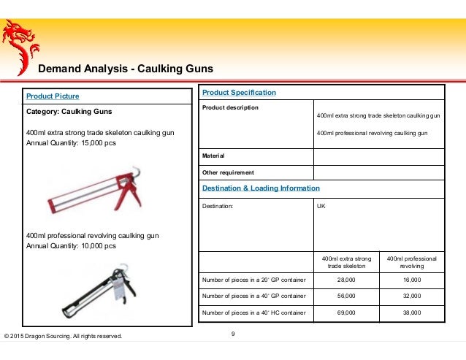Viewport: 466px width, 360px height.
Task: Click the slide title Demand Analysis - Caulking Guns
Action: [125, 69]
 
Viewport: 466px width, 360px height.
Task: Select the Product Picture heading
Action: [53, 96]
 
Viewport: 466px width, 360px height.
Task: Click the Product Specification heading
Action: [239, 93]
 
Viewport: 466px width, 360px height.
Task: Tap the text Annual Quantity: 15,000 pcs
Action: [71, 143]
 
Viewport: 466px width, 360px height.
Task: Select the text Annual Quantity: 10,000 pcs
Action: [71, 246]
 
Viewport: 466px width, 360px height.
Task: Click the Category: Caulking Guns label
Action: [69, 113]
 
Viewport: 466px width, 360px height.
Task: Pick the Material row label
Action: [213, 156]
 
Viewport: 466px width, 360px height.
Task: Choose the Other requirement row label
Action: [228, 172]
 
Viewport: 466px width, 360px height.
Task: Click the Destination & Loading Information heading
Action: [261, 188]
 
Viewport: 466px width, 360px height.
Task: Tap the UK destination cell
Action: [321, 207]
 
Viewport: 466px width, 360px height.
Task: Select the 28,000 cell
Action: [346, 280]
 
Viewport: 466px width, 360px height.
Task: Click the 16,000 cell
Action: [411, 280]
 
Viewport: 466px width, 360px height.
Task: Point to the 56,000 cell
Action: [346, 296]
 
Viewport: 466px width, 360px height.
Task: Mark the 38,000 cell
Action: [411, 313]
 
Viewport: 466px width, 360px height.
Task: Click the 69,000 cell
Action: [346, 313]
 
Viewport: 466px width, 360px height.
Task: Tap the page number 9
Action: [232, 334]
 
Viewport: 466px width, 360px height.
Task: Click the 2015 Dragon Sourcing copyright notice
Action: [64, 336]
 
